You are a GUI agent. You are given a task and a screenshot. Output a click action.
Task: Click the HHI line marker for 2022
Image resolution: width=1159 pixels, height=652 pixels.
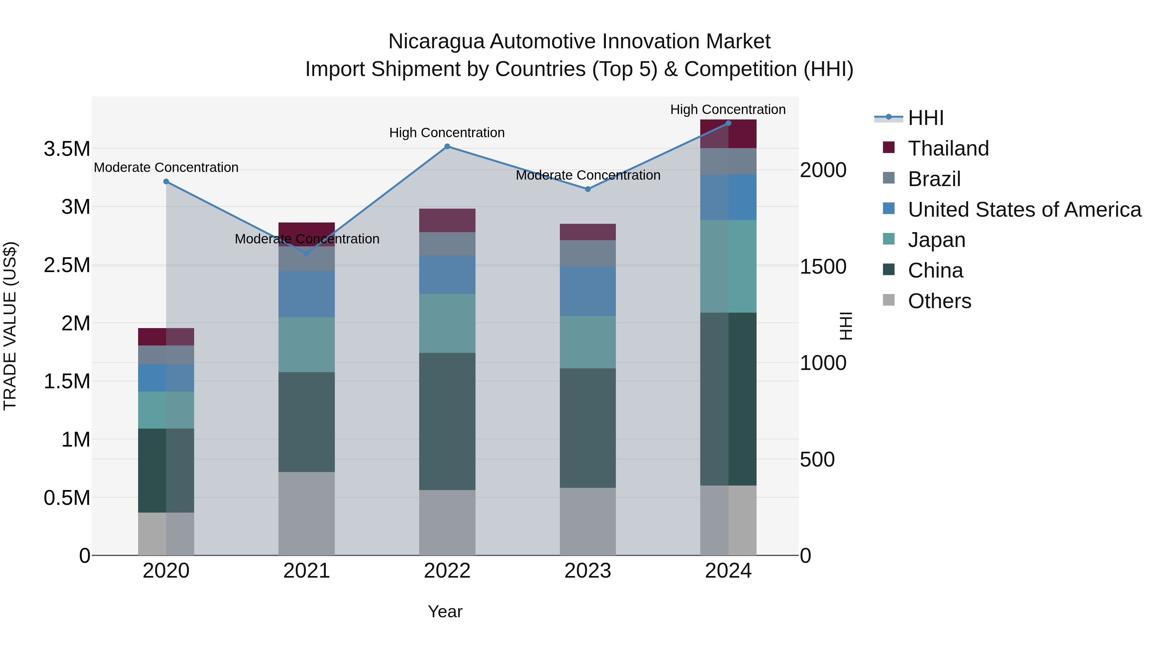click(x=447, y=146)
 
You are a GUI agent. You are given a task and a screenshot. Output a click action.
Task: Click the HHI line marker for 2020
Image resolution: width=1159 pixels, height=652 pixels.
click(x=166, y=181)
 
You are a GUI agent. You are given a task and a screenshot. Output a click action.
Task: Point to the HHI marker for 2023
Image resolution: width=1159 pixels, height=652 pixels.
click(x=588, y=189)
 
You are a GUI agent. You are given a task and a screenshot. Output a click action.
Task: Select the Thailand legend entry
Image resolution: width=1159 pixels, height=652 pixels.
click(x=948, y=148)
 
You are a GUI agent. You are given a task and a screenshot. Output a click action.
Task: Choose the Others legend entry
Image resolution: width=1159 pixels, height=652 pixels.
click(x=939, y=301)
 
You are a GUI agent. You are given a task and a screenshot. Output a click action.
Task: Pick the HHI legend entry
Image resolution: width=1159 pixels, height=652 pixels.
click(x=926, y=118)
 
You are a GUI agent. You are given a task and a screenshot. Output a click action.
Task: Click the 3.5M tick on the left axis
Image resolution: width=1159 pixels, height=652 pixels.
click(x=67, y=149)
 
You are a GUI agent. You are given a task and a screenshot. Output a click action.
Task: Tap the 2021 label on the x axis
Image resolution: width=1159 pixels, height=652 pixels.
click(x=306, y=571)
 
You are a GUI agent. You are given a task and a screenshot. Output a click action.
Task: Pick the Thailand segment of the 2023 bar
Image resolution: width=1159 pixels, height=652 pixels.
click(x=588, y=232)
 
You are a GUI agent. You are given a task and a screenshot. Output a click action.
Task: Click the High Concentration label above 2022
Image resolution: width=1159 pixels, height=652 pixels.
click(x=447, y=133)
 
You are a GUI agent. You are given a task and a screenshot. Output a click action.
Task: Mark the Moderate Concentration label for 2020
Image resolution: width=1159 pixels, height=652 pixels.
click(x=166, y=167)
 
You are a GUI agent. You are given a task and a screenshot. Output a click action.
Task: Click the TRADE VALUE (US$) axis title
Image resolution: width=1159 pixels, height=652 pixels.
click(x=10, y=326)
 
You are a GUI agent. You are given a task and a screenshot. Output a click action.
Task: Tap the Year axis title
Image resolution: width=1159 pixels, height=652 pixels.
click(x=445, y=611)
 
